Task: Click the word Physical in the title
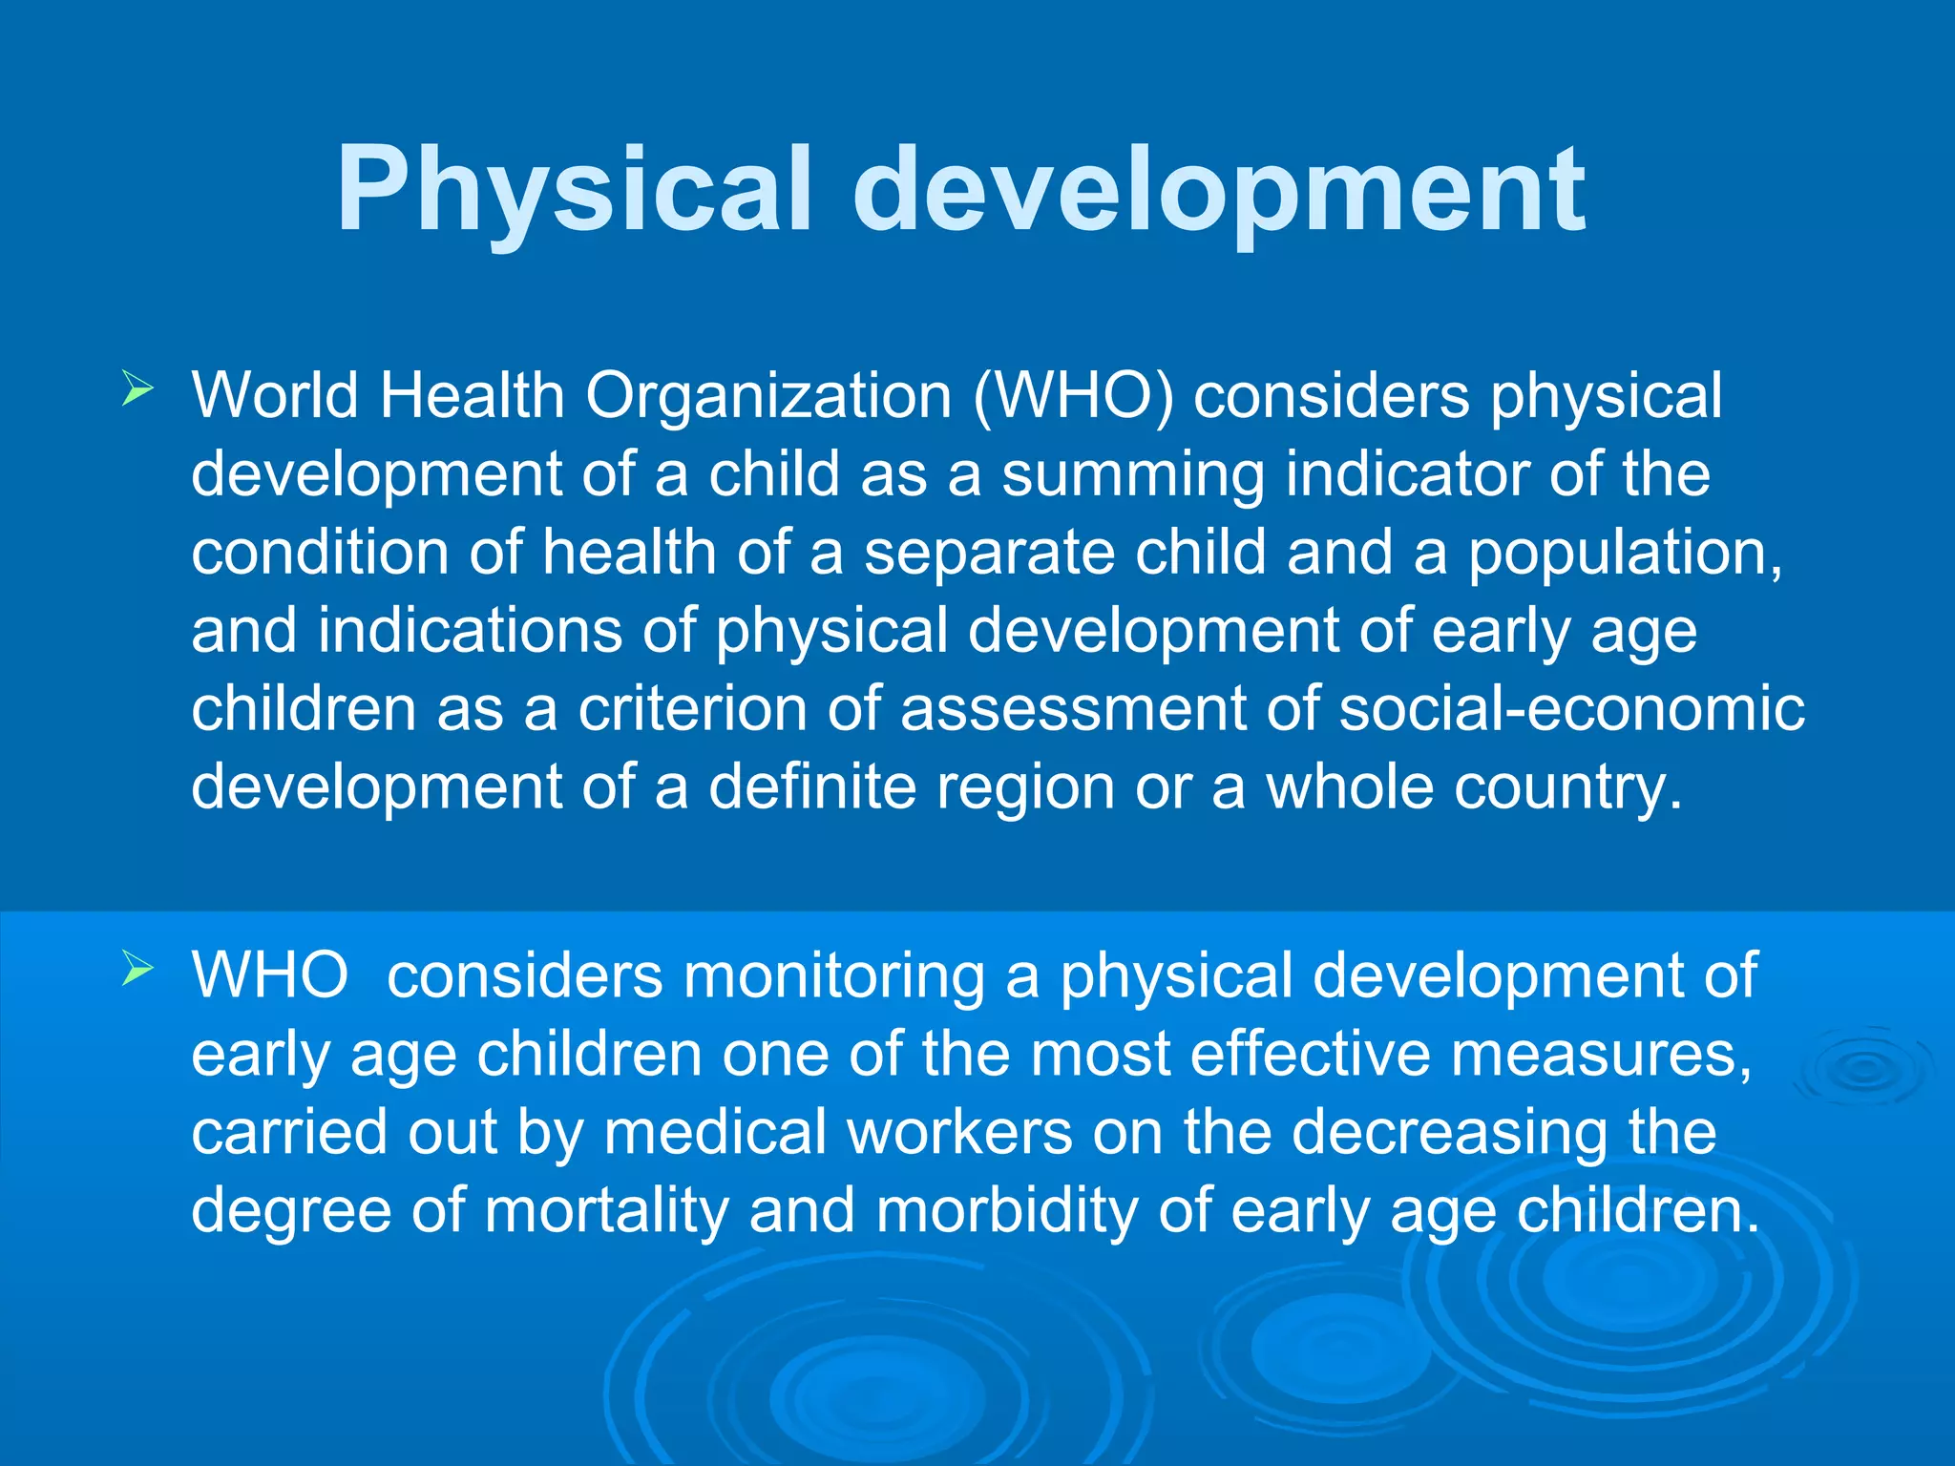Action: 573,191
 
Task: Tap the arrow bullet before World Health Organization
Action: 137,390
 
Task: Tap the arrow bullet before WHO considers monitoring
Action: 137,971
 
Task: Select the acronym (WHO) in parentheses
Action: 1073,395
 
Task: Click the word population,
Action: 1624,554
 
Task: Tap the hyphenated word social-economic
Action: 1571,709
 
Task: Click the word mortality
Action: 606,1211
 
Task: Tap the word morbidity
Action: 1007,1211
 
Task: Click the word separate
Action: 989,554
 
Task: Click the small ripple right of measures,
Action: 1861,1070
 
